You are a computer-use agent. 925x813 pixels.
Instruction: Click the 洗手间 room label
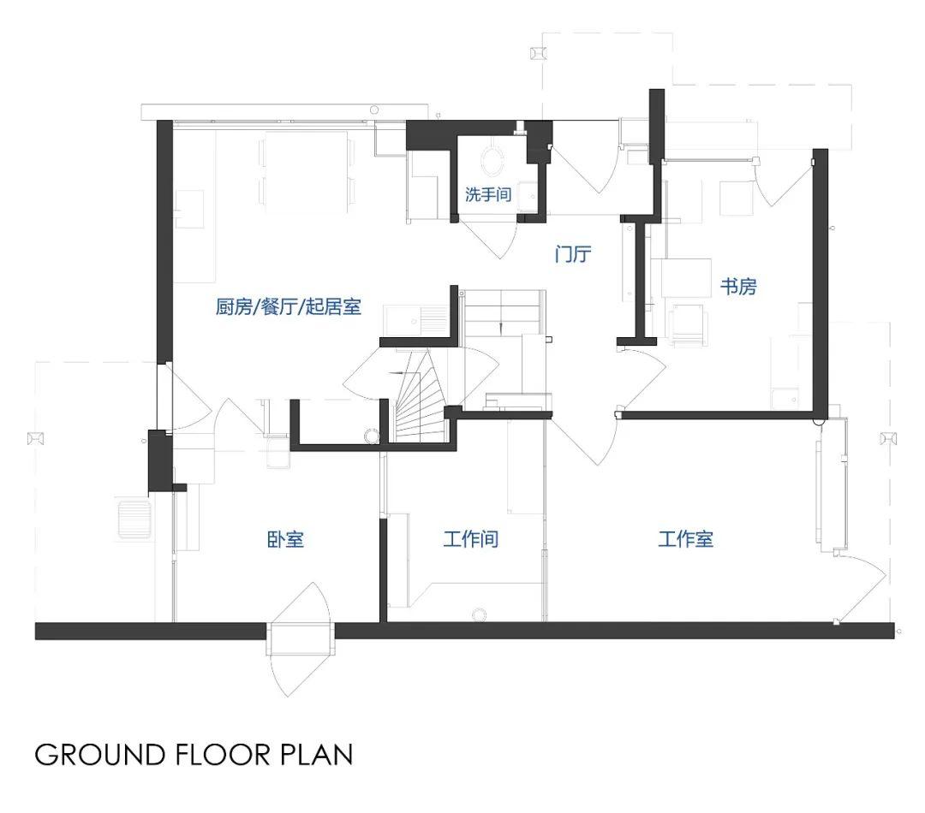(x=488, y=194)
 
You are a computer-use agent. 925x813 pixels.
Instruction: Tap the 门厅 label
(x=573, y=254)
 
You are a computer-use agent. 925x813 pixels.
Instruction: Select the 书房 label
(x=738, y=287)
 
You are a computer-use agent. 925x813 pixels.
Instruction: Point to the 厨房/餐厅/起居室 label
(x=288, y=306)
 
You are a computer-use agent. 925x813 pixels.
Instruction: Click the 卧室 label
(x=285, y=539)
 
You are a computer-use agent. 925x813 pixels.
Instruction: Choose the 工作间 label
(x=471, y=539)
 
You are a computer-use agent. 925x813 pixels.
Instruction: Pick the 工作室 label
(x=685, y=539)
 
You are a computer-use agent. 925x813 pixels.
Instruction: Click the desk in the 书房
(x=685, y=277)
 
